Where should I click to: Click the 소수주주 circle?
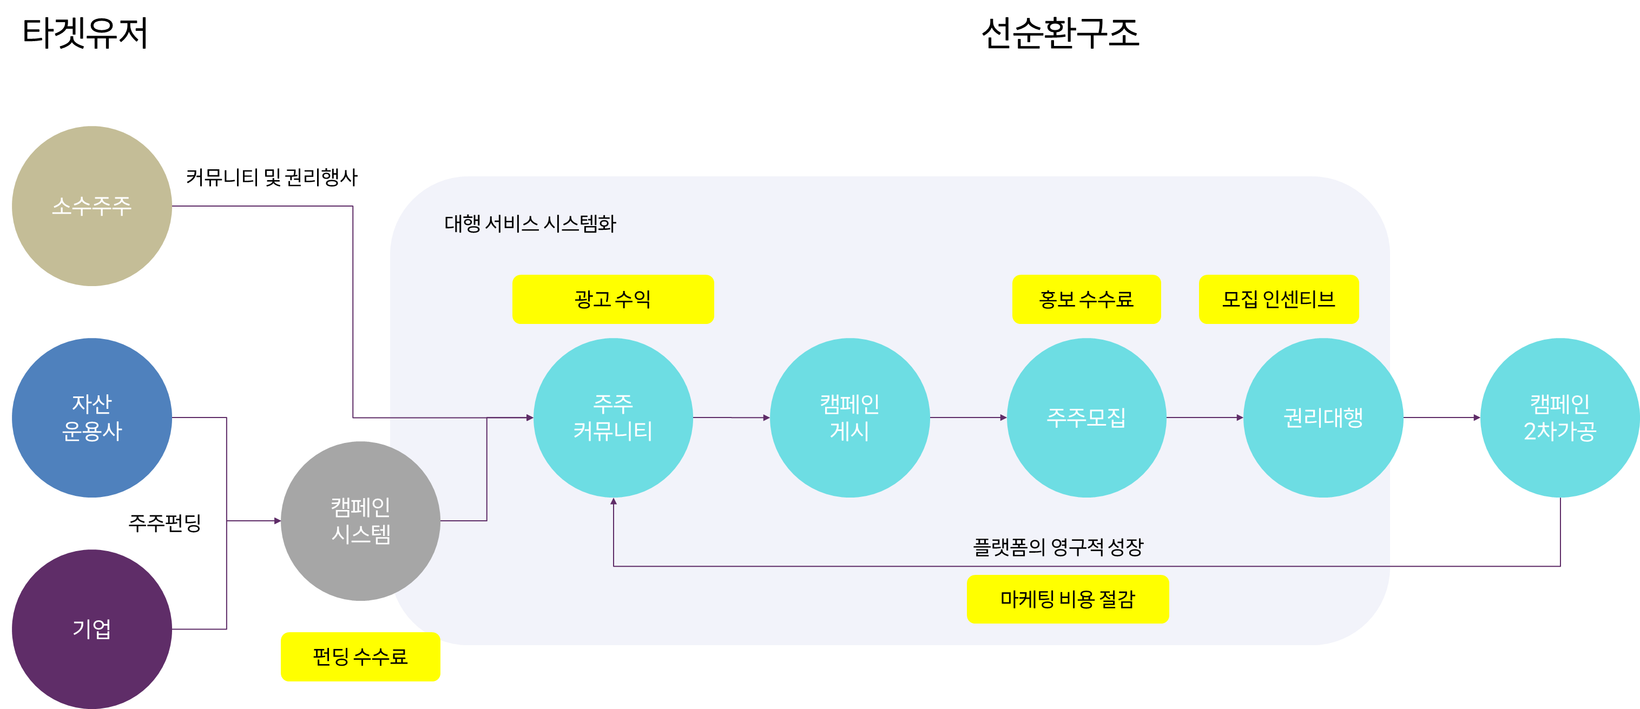(x=91, y=206)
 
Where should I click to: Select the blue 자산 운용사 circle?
(x=91, y=418)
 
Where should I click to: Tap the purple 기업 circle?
(x=91, y=629)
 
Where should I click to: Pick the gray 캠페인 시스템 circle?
(x=360, y=521)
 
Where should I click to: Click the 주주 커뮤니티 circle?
(x=612, y=418)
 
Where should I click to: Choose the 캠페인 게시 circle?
(x=849, y=418)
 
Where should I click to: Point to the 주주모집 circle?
(x=1086, y=418)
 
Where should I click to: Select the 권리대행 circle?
(x=1323, y=418)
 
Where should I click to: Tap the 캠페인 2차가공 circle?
(x=1560, y=418)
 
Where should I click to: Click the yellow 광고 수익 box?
(x=612, y=299)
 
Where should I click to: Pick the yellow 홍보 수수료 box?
(x=1086, y=299)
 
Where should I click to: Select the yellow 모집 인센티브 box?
(x=1279, y=299)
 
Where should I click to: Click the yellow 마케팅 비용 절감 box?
(x=1068, y=599)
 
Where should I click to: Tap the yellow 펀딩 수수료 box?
(x=360, y=656)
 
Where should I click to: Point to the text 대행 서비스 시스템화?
(x=530, y=223)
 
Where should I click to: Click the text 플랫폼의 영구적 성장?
(x=1058, y=547)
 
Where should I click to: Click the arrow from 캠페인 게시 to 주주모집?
(x=967, y=418)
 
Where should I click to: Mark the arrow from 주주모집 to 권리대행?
(x=1204, y=418)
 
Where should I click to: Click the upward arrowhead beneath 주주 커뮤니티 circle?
(x=613, y=501)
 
